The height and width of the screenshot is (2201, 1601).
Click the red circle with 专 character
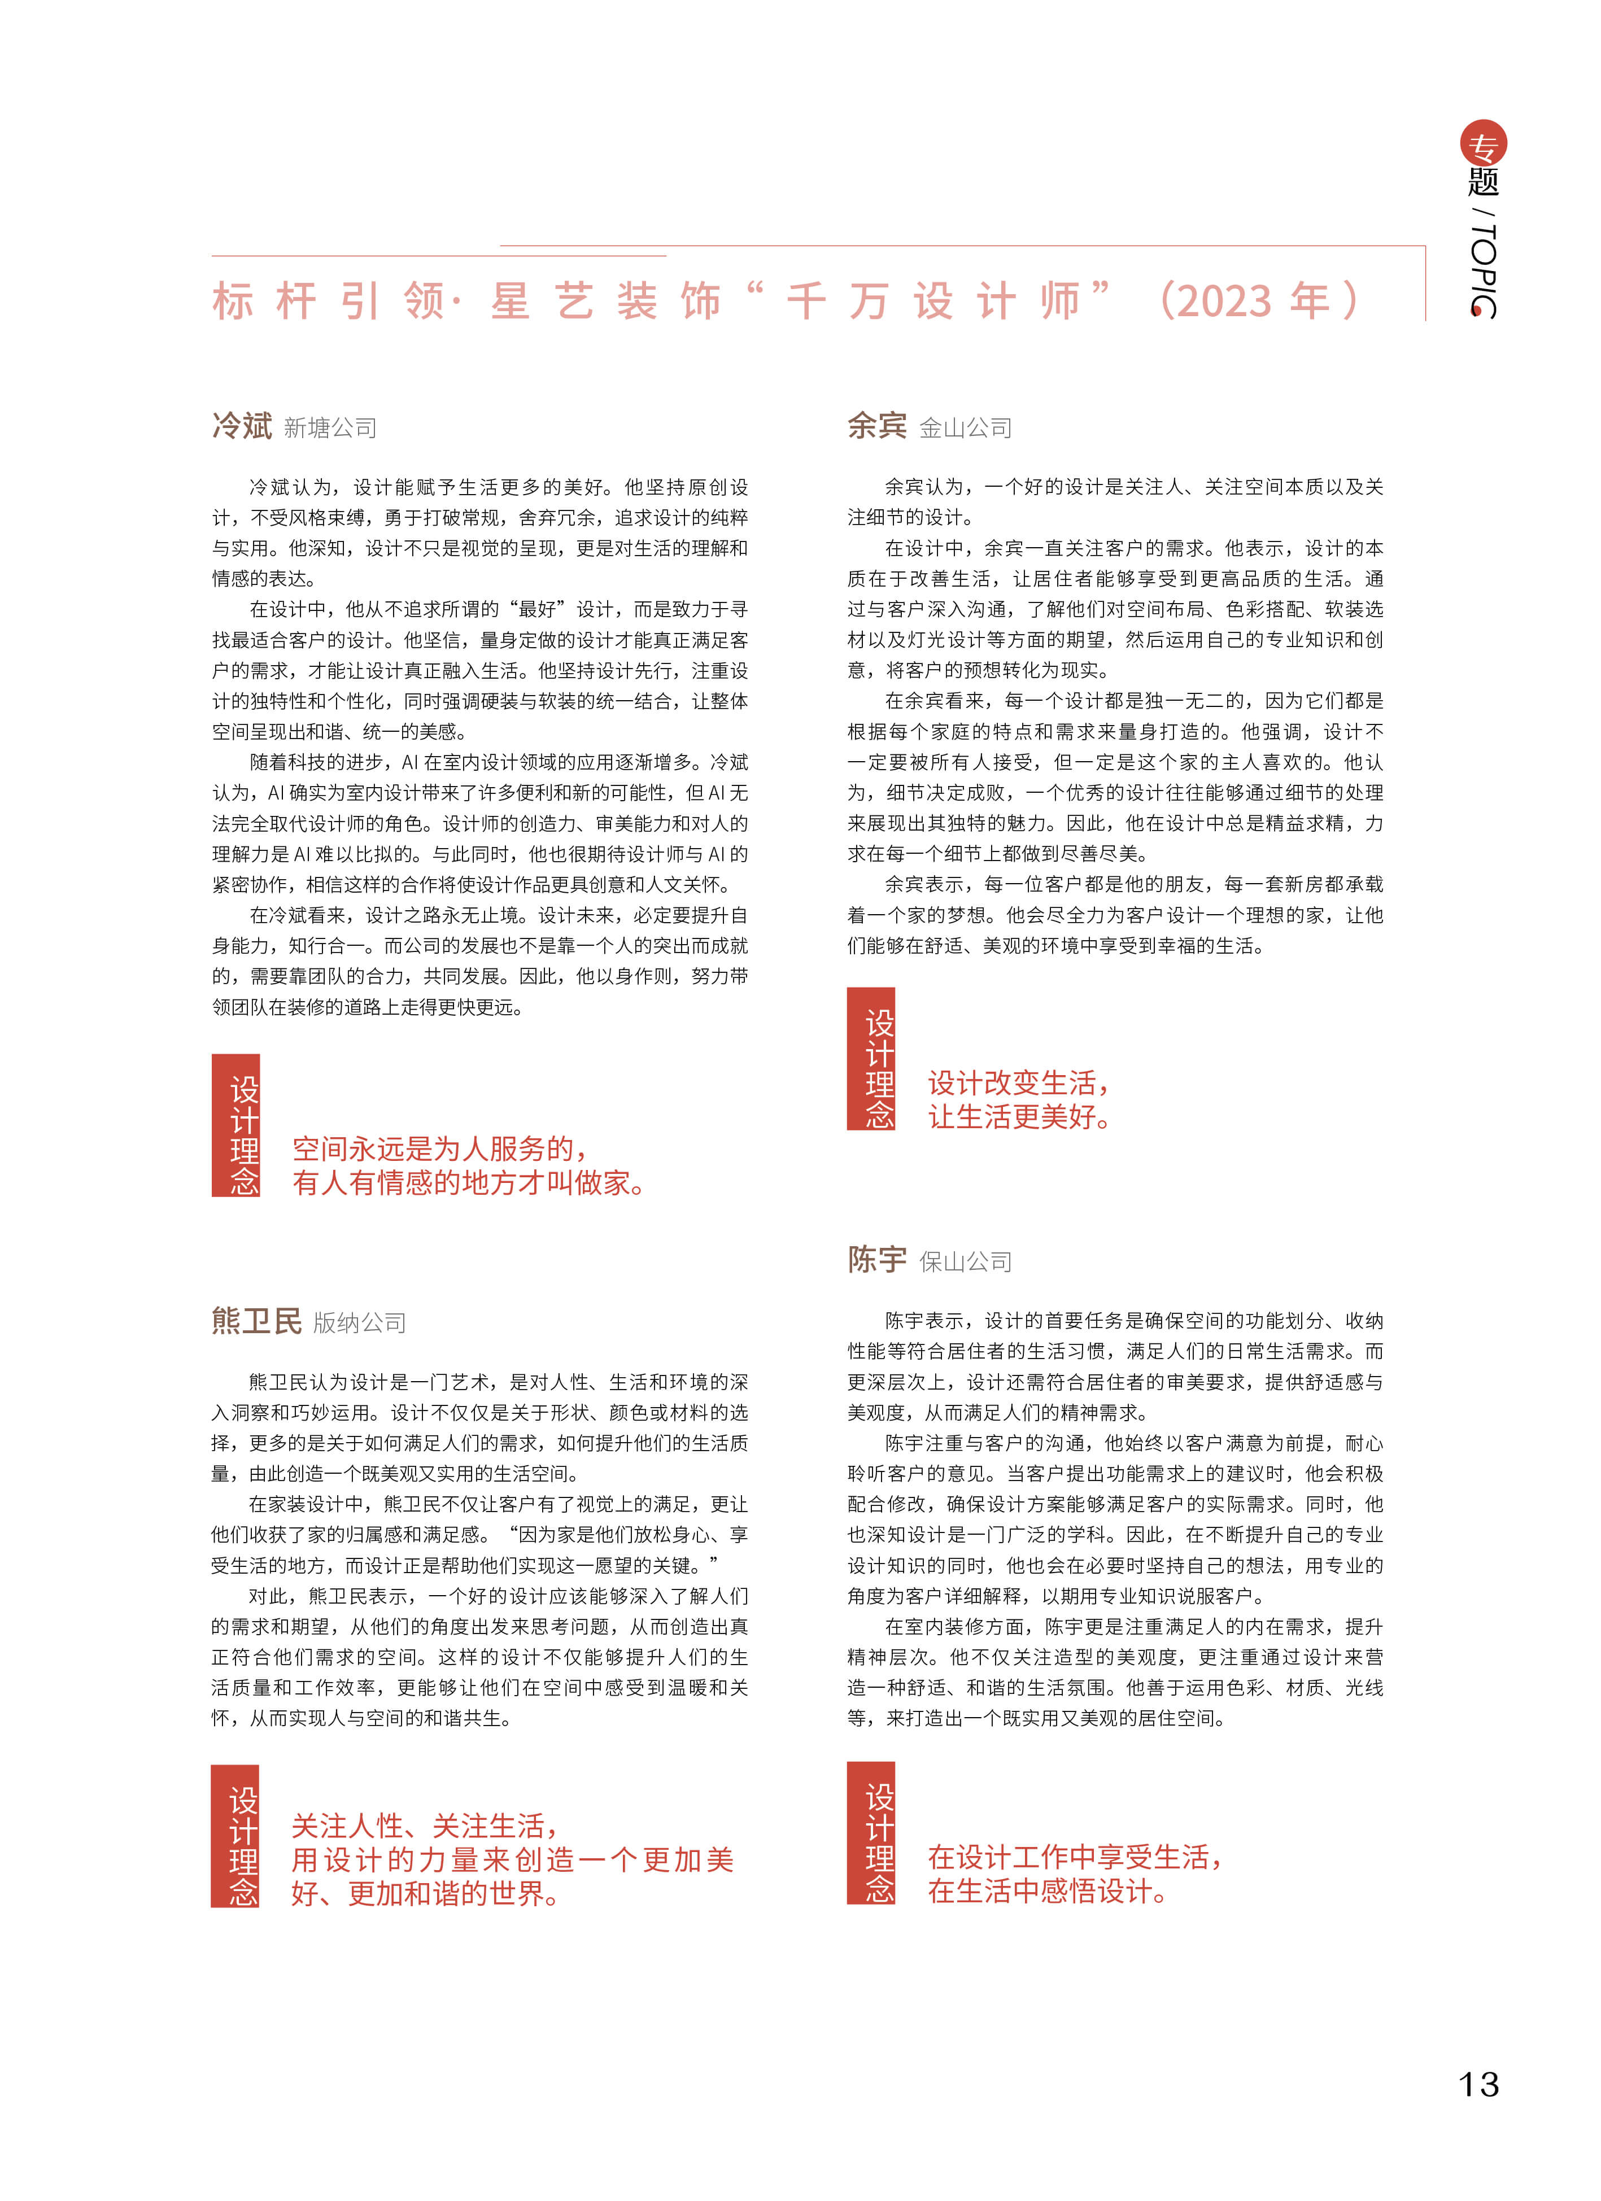coord(1484,145)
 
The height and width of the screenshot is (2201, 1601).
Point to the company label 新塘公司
coord(330,428)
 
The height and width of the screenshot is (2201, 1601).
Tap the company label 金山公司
coord(966,428)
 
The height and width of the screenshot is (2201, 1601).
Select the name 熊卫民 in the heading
coord(256,1321)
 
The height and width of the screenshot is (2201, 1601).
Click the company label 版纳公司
coord(359,1323)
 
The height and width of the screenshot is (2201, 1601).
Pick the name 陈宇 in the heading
coord(877,1260)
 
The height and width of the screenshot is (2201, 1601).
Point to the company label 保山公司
coord(966,1261)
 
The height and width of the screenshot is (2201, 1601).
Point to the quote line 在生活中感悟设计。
coord(1049,1890)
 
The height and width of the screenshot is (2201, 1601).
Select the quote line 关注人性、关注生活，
coord(425,1827)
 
